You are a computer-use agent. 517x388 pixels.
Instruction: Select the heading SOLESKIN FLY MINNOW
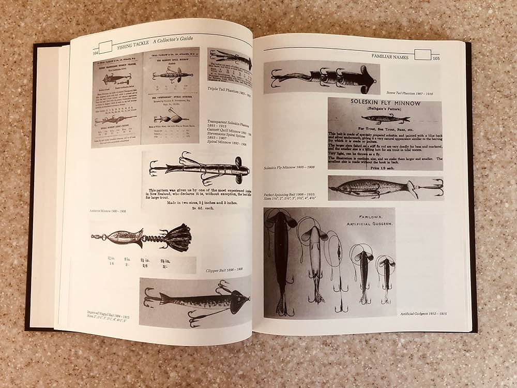click(x=385, y=103)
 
